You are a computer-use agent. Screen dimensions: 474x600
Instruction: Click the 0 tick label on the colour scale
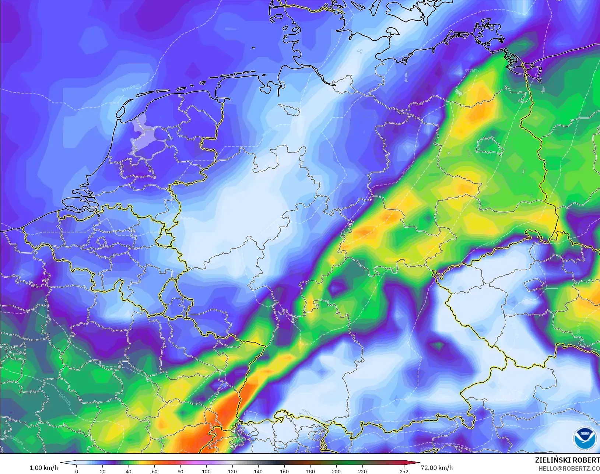(x=77, y=471)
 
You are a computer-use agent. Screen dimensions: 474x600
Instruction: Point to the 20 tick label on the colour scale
(x=102, y=471)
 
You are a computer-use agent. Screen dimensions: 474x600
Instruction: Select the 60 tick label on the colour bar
(x=154, y=471)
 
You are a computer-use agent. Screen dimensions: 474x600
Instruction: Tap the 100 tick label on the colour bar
(x=206, y=471)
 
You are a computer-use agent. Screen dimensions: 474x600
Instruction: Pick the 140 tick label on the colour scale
(x=258, y=471)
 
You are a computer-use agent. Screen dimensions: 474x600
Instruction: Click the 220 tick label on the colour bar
(x=362, y=471)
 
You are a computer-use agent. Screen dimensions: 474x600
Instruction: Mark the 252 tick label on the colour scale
(x=404, y=471)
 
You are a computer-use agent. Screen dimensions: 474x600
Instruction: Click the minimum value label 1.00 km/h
(x=43, y=468)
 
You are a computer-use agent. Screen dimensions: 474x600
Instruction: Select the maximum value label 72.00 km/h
(x=436, y=468)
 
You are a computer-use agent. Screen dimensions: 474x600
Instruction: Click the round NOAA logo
(x=585, y=438)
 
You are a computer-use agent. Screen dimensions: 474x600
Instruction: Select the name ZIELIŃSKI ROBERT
(x=567, y=460)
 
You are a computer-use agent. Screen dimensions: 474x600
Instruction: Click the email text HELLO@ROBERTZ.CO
(x=569, y=468)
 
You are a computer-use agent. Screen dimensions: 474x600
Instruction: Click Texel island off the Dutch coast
(x=121, y=109)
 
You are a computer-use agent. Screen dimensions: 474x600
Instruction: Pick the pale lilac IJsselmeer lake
(x=142, y=134)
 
